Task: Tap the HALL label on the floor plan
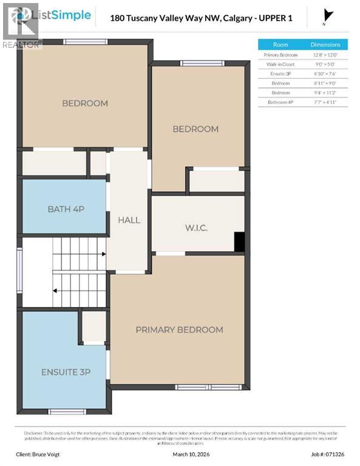(129, 220)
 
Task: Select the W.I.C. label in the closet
(196, 228)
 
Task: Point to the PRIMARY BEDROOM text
(179, 329)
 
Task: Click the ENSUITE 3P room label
(66, 371)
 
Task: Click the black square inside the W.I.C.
(239, 241)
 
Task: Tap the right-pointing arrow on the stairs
(103, 254)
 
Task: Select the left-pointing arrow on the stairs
(56, 290)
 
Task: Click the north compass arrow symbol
(329, 16)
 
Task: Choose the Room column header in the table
(280, 44)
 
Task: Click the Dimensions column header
(325, 44)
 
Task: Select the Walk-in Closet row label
(280, 64)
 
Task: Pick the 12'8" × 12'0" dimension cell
(325, 55)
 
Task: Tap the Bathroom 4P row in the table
(280, 103)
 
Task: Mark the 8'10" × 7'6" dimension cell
(325, 73)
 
